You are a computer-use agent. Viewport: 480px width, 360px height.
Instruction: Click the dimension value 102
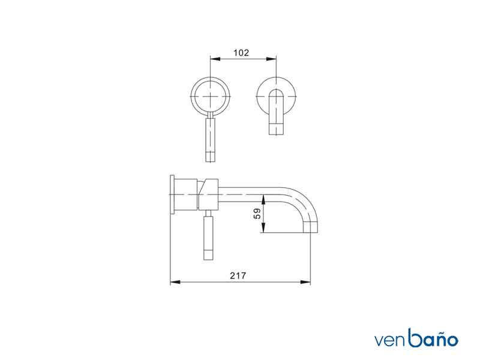coord(241,53)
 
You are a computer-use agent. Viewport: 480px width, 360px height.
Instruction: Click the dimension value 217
coord(238,276)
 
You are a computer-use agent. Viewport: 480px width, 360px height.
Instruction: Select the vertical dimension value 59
coord(257,214)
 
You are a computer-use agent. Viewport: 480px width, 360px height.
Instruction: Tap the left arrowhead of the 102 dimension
coord(215,59)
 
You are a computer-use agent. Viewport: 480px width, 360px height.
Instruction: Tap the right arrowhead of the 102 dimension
coord(271,59)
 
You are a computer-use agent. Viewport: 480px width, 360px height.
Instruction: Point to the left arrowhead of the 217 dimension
coord(175,282)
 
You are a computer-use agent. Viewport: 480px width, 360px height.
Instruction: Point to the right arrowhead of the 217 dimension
coord(305,282)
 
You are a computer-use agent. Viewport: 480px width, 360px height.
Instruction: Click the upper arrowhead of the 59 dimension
coord(263,200)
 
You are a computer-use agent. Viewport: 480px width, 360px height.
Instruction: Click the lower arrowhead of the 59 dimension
coord(263,227)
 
